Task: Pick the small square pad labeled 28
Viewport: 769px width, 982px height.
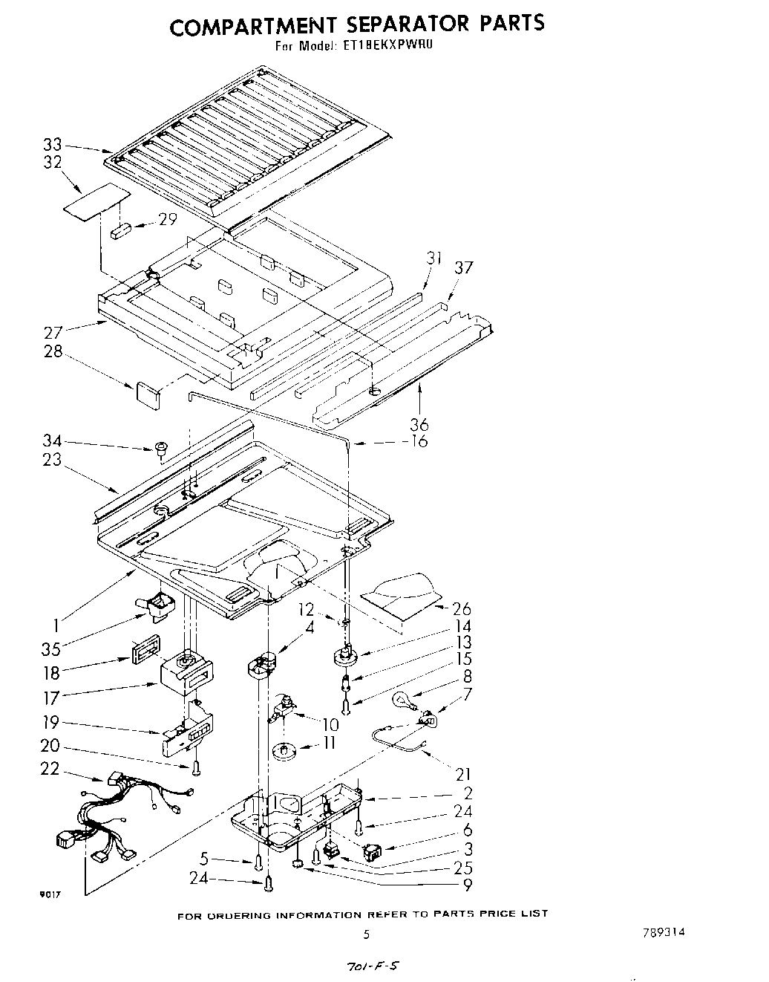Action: (x=148, y=394)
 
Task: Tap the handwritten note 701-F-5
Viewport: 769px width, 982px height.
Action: (x=367, y=966)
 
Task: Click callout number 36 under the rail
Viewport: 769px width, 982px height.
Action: (x=419, y=425)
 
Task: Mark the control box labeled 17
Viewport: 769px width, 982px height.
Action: (x=186, y=672)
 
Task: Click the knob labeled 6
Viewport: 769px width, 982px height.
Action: (x=373, y=849)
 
